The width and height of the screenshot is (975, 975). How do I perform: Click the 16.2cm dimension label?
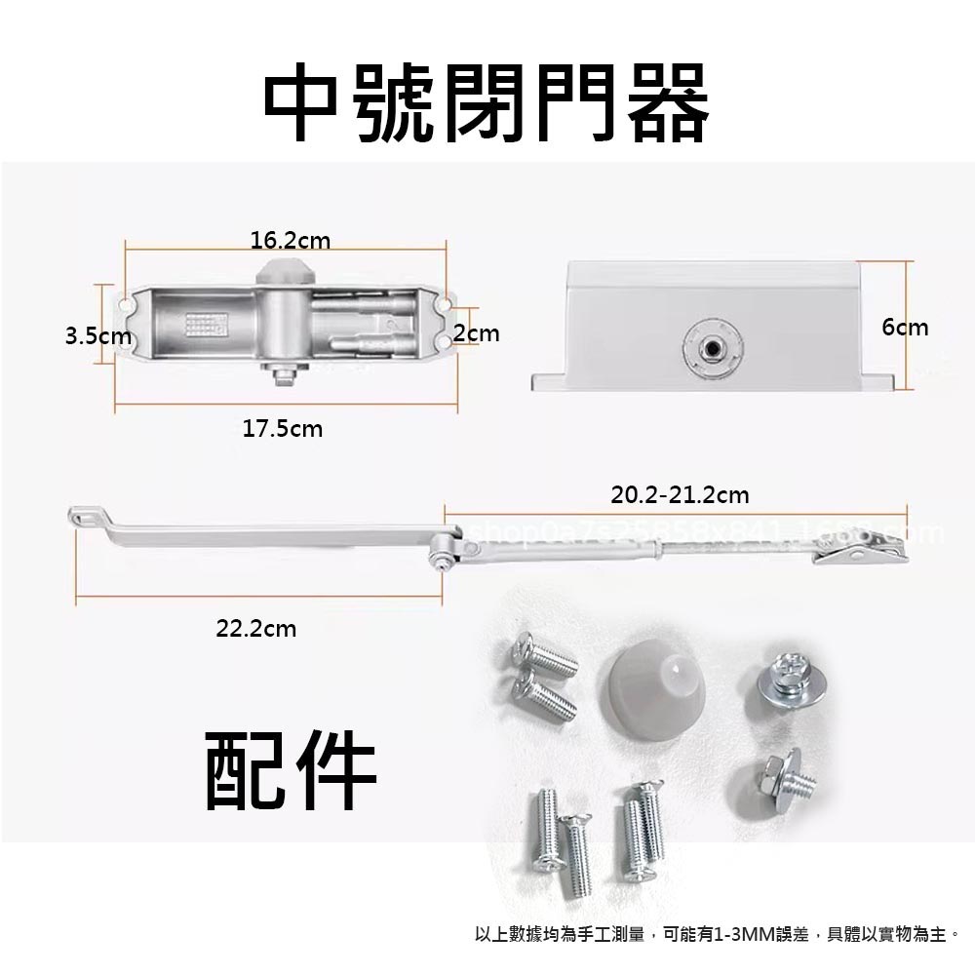click(290, 239)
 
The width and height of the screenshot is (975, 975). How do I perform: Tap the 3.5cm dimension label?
click(97, 336)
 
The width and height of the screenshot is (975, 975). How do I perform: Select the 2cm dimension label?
click(477, 333)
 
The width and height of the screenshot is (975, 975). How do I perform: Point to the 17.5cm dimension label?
click(282, 428)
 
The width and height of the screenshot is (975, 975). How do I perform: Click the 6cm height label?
click(905, 327)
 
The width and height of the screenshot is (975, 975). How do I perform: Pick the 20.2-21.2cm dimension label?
click(680, 495)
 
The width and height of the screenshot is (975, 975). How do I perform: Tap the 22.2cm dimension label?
click(255, 629)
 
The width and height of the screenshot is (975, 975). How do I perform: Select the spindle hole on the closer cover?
click(709, 348)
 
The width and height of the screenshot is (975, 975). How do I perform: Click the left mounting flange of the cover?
click(548, 380)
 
